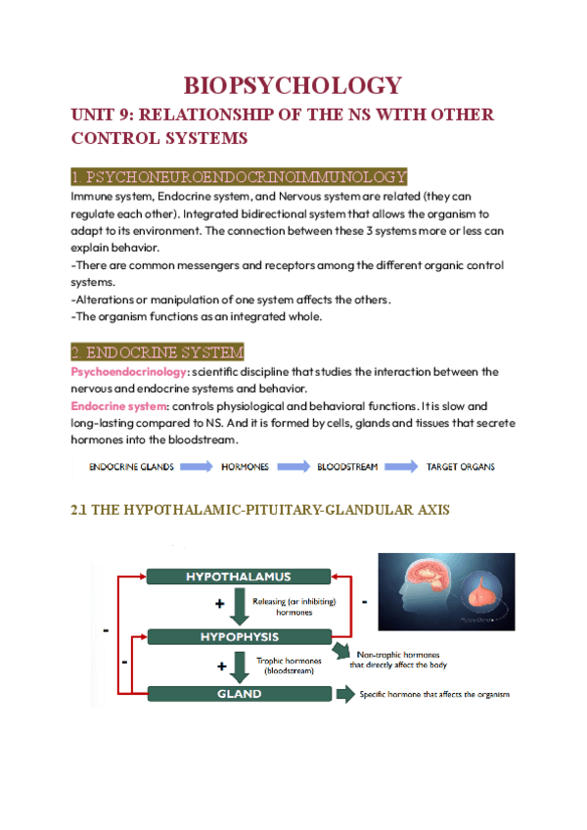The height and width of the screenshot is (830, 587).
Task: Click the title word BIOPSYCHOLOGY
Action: pyautogui.click(x=293, y=85)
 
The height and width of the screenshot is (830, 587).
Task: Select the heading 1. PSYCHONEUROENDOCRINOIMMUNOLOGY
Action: pyautogui.click(x=239, y=176)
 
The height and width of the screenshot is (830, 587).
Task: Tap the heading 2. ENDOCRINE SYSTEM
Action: pyautogui.click(x=158, y=351)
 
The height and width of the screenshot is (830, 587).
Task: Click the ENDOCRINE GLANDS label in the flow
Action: pyautogui.click(x=132, y=467)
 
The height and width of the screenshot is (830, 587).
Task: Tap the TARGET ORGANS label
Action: pyautogui.click(x=460, y=467)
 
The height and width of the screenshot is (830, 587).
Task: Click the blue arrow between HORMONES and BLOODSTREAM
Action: pyautogui.click(x=294, y=467)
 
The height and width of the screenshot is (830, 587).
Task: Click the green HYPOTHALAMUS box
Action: pyautogui.click(x=239, y=576)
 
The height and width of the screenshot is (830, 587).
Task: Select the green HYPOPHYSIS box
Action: pyautogui.click(x=239, y=635)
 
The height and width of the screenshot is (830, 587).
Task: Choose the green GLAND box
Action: pyautogui.click(x=239, y=694)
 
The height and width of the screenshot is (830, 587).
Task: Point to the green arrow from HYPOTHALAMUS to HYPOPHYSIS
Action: pyautogui.click(x=240, y=607)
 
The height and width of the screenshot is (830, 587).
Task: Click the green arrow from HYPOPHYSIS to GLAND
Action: pyautogui.click(x=240, y=666)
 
